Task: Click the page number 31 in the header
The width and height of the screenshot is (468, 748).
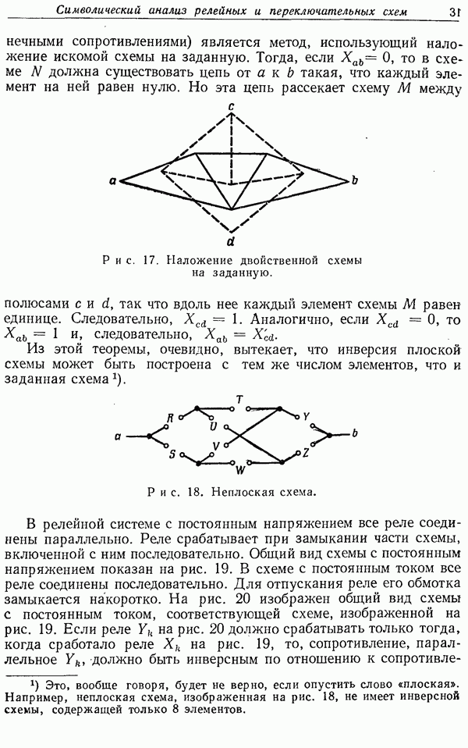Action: [x=454, y=11]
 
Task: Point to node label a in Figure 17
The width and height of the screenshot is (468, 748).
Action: [x=113, y=181]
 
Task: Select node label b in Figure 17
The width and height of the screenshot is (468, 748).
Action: [x=354, y=181]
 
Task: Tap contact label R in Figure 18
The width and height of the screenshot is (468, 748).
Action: [x=170, y=419]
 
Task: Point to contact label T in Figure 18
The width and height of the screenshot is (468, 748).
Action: [x=239, y=399]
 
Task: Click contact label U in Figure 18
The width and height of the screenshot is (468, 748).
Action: [x=212, y=426]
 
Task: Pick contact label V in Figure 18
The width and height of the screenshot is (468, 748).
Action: [x=216, y=446]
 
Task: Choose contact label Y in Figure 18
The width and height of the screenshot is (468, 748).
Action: [x=306, y=415]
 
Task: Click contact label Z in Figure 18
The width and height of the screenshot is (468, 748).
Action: [x=306, y=453]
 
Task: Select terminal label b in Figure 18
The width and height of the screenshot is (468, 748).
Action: [x=355, y=433]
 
